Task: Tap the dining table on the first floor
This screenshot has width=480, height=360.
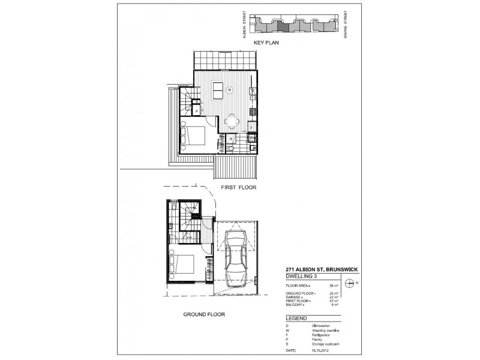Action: pos(231,123)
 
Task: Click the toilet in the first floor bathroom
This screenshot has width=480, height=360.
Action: pos(232,148)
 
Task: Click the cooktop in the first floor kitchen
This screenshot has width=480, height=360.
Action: pos(254,111)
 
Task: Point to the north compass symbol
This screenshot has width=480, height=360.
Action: pos(352,283)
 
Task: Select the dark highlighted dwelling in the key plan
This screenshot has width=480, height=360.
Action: pos(282,25)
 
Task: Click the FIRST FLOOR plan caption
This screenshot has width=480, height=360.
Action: pos(239,187)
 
